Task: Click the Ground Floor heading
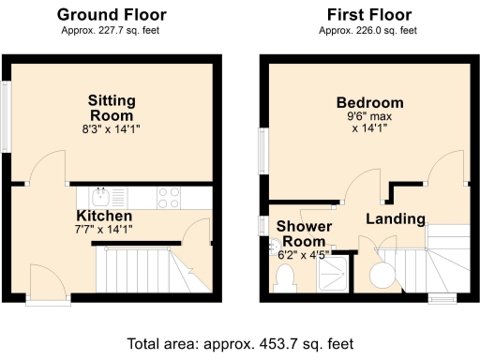point(112,14)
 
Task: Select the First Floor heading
point(367,14)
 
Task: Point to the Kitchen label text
point(111,216)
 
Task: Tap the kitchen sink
point(101,197)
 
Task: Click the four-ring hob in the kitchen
point(168,197)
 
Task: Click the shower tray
point(333,273)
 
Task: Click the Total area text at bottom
point(240,343)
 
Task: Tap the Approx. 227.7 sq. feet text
point(112,30)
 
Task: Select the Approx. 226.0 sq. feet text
point(367,30)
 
